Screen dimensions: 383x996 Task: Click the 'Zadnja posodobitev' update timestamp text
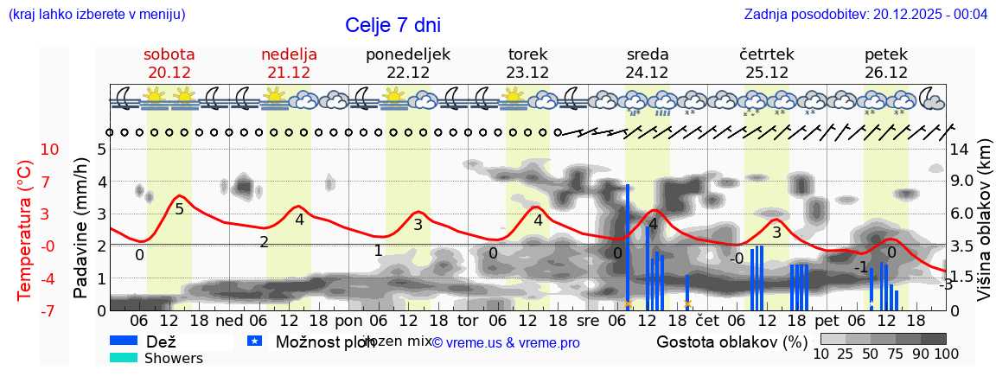[x=865, y=15]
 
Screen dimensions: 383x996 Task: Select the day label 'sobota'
[x=169, y=54]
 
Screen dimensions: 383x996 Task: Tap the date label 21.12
[x=289, y=73]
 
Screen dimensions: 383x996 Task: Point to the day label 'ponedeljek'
[x=408, y=54]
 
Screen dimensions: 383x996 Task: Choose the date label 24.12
[x=647, y=73]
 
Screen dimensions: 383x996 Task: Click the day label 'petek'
[x=885, y=54]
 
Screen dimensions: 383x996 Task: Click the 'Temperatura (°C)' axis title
[x=25, y=230]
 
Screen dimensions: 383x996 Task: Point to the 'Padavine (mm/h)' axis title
[x=81, y=228]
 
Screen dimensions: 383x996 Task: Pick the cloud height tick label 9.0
[x=962, y=182]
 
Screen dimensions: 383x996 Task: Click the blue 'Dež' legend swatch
[x=124, y=342]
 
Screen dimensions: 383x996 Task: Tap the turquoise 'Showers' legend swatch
[x=124, y=358]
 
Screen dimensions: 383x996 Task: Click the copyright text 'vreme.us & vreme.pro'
[x=506, y=343]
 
